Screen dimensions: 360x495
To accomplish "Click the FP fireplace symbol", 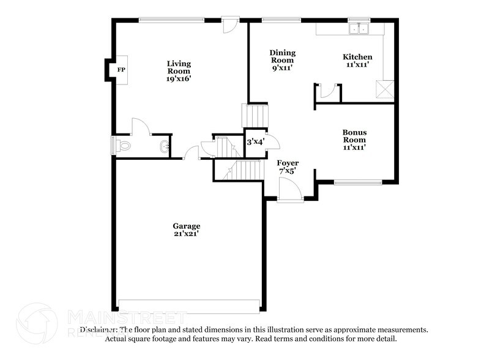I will (x=121, y=70).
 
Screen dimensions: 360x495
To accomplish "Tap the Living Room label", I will (x=179, y=67).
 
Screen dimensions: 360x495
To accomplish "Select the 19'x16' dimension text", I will (x=179, y=78).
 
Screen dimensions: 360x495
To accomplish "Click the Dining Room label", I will (x=282, y=57).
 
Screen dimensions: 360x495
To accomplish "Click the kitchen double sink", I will (x=360, y=28).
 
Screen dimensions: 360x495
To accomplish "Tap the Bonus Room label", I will (x=354, y=135).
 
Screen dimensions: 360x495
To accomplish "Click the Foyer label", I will (x=288, y=163).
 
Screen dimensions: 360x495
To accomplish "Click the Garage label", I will (x=186, y=226).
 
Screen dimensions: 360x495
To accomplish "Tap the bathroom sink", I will (x=164, y=146).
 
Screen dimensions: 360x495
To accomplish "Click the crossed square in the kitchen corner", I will (x=385, y=89).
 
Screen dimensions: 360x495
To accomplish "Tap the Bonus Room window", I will (x=358, y=182).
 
